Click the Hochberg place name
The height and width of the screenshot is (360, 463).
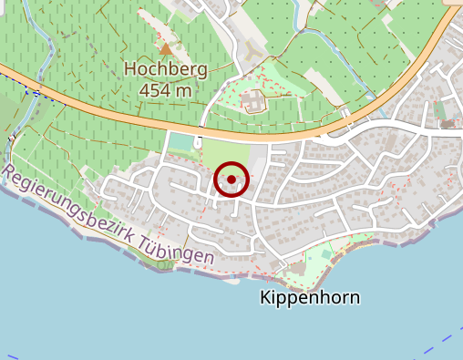click(x=166, y=69)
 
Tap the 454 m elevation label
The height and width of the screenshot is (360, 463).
click(x=166, y=89)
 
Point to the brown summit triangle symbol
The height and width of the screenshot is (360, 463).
click(x=166, y=48)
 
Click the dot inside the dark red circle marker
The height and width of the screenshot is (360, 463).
click(x=231, y=180)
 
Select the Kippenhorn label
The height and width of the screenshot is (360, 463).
click(x=309, y=297)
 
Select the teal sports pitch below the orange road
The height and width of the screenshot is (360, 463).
click(x=182, y=142)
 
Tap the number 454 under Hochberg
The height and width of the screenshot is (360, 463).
click(x=154, y=89)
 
